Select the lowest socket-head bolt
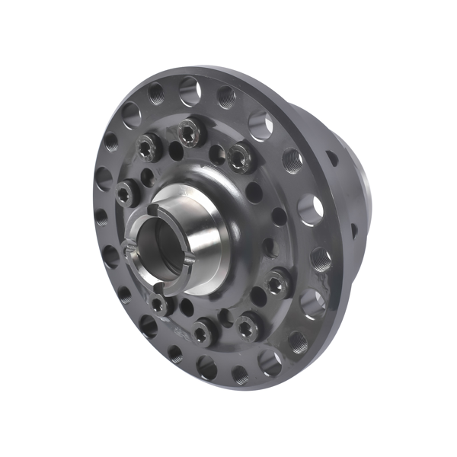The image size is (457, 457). pyautogui.click(x=203, y=332)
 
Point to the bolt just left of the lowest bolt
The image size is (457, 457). pyautogui.click(x=158, y=305)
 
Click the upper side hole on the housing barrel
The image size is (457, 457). pyautogui.click(x=331, y=160)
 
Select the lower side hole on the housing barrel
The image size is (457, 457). pyautogui.click(x=354, y=229)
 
